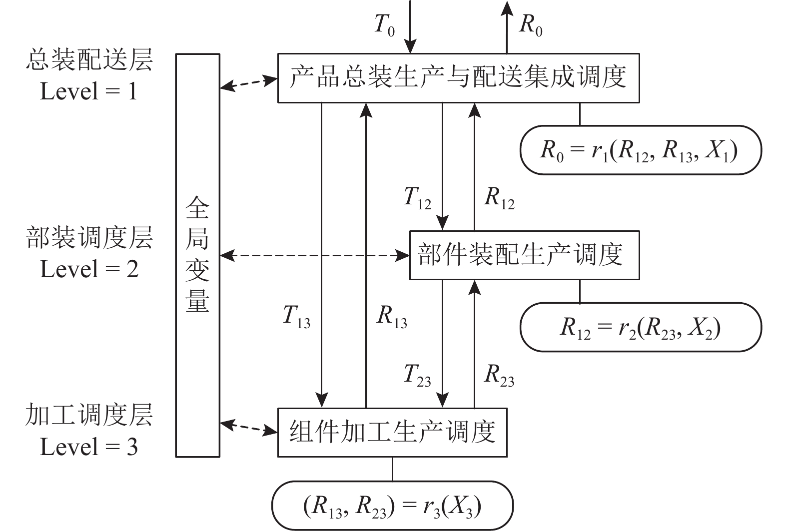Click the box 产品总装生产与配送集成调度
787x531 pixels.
459,78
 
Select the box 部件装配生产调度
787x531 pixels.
525,255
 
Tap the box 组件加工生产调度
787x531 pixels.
392,432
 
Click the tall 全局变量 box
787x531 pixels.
198,255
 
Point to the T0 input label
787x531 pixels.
385,25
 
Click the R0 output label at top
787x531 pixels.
531,25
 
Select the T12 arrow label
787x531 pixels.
418,198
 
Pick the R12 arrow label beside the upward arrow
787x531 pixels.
499,198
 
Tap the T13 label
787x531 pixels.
297,316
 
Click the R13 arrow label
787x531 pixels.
392,316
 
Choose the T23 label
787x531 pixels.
418,375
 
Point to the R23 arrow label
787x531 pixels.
499,375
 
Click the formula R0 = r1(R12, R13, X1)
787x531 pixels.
639,151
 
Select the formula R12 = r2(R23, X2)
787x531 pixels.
640,328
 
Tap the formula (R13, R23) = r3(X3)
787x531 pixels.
392,507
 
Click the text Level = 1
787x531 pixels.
88,91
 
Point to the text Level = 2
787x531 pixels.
89,269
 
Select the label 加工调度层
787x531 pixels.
89,415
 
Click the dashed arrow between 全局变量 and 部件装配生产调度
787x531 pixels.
315,255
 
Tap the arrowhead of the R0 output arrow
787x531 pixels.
507,7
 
